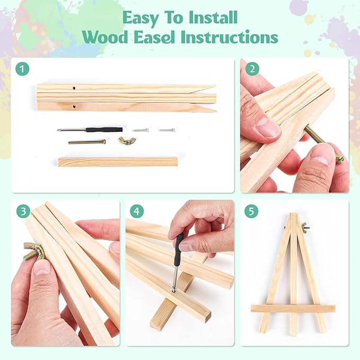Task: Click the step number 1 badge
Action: click(x=22, y=69)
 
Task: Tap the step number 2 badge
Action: click(x=252, y=69)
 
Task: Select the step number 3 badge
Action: click(x=23, y=212)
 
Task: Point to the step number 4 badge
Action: click(x=137, y=212)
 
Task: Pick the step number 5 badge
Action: click(x=251, y=212)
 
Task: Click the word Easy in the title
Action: click(x=141, y=18)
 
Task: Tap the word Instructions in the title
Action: click(x=230, y=37)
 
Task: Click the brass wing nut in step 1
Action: click(x=125, y=141)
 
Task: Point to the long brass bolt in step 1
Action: click(x=87, y=142)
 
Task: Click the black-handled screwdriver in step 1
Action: click(x=90, y=130)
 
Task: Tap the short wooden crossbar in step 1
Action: click(x=118, y=162)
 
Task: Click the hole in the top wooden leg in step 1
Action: click(x=74, y=88)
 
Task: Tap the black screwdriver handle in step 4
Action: click(x=178, y=248)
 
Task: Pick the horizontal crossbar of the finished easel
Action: click(x=293, y=309)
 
